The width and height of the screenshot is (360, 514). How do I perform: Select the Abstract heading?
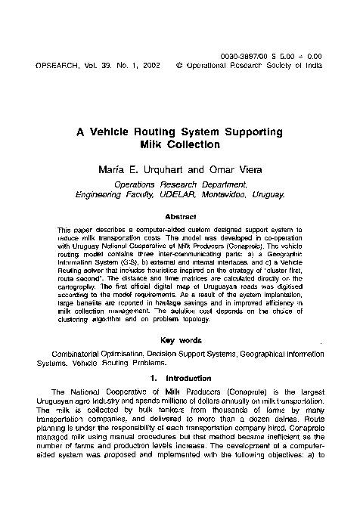coord(180,217)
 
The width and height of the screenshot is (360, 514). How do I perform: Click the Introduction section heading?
coord(188,375)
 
